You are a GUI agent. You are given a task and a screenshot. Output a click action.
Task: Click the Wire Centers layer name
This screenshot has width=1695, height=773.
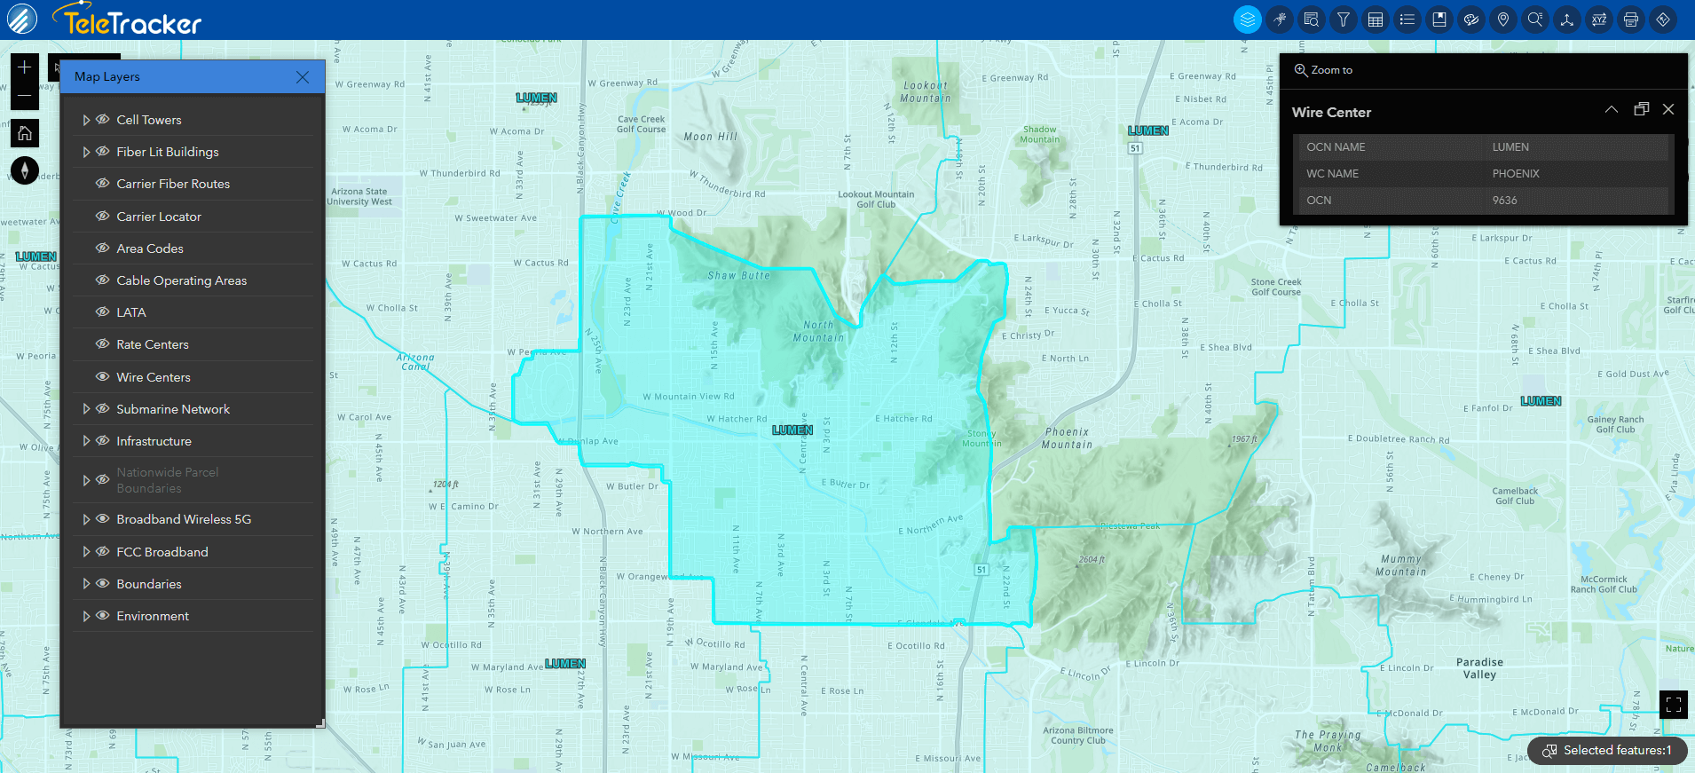coord(154,377)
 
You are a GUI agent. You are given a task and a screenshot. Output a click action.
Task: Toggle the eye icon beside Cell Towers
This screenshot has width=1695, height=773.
coord(103,120)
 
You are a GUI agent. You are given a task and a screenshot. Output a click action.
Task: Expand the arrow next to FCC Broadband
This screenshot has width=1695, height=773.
coord(86,552)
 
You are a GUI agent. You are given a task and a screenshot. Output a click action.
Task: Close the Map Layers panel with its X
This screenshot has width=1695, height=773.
coord(303,77)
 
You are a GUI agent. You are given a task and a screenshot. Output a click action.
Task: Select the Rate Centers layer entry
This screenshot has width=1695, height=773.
coord(153,344)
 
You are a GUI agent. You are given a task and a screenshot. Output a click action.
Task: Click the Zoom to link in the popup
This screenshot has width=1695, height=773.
coord(1324,70)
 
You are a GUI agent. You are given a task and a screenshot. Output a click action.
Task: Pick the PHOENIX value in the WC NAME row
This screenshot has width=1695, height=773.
coord(1516,174)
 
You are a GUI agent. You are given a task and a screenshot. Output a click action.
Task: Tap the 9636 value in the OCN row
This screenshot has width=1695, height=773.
coord(1504,201)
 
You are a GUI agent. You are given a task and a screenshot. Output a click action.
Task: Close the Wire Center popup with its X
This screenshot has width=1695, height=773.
coord(1668,109)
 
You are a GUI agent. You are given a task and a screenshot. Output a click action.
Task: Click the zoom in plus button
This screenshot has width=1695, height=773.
coord(25,67)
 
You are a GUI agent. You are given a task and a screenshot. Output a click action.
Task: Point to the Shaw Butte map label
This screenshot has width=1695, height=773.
coord(738,276)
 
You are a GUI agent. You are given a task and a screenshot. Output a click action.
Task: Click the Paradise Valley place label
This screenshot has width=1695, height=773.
coord(1479,668)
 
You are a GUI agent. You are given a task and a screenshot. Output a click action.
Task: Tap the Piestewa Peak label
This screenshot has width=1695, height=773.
coord(1130,526)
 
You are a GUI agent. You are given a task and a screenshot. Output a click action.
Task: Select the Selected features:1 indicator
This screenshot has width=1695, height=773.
coord(1607,751)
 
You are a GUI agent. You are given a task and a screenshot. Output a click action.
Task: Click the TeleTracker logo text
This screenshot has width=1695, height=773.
coord(132,22)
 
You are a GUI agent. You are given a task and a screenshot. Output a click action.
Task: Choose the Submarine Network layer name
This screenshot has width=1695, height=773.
coord(173,409)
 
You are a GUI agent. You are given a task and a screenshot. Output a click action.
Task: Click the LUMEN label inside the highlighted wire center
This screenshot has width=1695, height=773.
coord(792,430)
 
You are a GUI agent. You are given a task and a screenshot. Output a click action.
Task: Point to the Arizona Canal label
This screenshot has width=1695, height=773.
coord(415,361)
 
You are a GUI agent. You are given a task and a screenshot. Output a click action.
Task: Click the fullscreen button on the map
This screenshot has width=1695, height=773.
coord(1674,705)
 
